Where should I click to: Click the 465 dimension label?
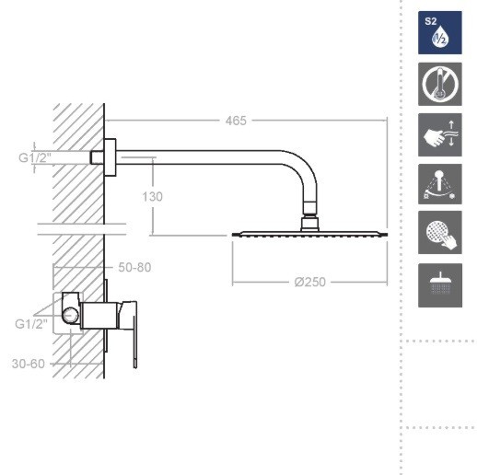(x=236, y=121)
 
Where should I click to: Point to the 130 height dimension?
(x=152, y=197)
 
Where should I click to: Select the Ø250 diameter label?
(x=309, y=282)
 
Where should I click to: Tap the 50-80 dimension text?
(x=134, y=268)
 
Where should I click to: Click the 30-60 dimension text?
(x=29, y=364)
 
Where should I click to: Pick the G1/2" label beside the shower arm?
(x=35, y=157)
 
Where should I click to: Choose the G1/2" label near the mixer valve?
(x=31, y=324)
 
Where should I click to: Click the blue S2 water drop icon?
(x=440, y=33)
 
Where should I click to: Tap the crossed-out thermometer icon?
(x=440, y=84)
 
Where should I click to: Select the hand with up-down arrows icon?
(x=440, y=134)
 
